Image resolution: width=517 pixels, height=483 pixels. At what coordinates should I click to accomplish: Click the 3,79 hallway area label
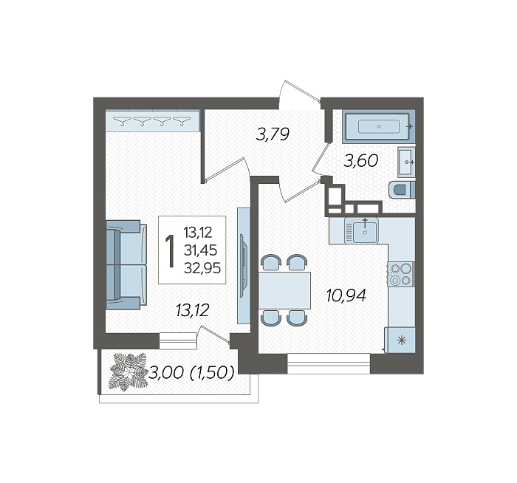coord(273,134)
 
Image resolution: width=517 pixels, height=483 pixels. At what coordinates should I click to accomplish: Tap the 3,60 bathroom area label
coord(360,161)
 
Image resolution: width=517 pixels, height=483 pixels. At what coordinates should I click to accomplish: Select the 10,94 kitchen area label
coord(346,295)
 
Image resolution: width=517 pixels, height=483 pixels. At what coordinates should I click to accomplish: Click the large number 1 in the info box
coord(171,250)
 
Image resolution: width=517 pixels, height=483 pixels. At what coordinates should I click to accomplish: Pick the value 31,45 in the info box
coord(200,250)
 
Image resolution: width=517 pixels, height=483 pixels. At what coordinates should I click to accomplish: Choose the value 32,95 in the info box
coord(202,268)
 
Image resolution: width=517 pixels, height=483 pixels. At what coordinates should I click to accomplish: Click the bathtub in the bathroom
coord(378,126)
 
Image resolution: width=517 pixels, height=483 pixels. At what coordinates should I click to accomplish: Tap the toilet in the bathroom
coord(402,190)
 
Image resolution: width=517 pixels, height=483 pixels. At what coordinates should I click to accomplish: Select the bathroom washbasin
coord(406,162)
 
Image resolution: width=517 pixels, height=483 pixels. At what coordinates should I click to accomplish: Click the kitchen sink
coord(361,230)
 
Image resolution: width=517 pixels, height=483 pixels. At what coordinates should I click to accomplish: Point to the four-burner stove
coord(401,274)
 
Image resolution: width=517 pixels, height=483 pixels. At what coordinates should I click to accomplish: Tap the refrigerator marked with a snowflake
coord(400,340)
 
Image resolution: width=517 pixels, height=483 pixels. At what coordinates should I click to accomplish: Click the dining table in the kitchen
coord(284,290)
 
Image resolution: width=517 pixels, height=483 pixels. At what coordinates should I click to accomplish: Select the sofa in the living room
coord(126,264)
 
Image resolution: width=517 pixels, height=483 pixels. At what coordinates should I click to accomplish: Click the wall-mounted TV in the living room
coord(243,266)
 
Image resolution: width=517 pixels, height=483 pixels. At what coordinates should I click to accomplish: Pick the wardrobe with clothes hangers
coord(153,120)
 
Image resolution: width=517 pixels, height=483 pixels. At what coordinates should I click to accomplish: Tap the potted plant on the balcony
coord(129,372)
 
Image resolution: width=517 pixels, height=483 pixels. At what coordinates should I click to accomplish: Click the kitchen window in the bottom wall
coord(329,363)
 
